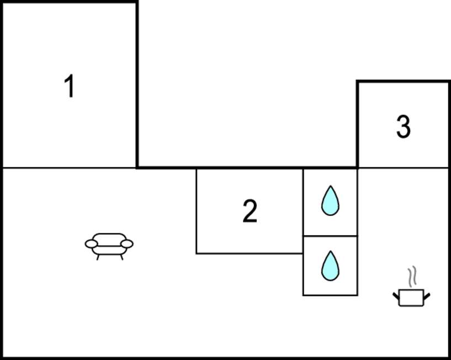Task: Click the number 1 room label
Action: click(70, 86)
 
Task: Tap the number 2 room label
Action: click(250, 211)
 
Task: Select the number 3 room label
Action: click(404, 126)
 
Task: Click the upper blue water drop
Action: click(330, 200)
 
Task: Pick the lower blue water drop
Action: click(330, 266)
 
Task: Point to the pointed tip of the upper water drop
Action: click(331, 186)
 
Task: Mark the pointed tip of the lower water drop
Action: click(331, 251)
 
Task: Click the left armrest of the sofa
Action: click(91, 244)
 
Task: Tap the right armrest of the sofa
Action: click(127, 244)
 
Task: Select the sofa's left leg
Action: click(98, 257)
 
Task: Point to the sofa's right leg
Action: click(122, 257)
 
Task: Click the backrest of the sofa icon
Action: click(109, 237)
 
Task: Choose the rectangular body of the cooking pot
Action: click(411, 298)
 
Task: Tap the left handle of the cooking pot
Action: click(396, 296)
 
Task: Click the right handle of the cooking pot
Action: click(427, 296)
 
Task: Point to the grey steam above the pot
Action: click(412, 277)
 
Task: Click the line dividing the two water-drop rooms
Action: click(330, 236)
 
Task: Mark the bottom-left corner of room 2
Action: click(197, 253)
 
